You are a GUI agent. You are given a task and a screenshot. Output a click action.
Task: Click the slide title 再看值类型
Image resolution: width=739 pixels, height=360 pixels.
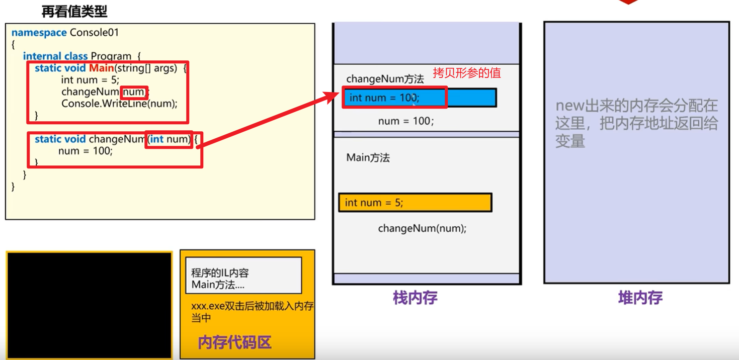tap(74, 12)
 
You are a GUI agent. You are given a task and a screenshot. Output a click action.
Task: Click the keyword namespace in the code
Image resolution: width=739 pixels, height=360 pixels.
tap(39, 33)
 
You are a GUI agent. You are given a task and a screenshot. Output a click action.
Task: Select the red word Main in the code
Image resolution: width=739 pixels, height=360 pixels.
tap(101, 68)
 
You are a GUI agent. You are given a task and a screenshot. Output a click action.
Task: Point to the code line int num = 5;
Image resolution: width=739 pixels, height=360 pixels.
tap(90, 79)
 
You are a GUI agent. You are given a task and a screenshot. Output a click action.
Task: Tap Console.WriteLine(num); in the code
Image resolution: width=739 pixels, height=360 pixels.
tap(119, 104)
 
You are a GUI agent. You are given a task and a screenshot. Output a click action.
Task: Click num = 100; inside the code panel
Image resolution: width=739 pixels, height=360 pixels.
tap(86, 150)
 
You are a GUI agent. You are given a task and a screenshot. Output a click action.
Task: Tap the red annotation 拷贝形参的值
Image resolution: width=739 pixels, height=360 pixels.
tap(467, 73)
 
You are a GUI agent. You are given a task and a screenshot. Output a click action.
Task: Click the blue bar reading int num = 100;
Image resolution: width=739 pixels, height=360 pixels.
tap(421, 98)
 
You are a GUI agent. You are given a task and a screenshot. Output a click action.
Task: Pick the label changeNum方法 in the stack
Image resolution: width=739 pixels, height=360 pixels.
tap(385, 79)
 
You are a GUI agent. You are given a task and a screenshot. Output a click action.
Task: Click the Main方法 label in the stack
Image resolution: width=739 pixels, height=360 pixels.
tap(368, 158)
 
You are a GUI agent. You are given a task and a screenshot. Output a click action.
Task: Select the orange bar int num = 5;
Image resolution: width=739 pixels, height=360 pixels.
tap(415, 203)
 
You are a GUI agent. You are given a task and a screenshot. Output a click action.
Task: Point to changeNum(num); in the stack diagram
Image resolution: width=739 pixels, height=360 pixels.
tap(422, 228)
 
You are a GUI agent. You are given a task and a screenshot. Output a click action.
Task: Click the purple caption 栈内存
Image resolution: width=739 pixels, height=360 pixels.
tap(415, 298)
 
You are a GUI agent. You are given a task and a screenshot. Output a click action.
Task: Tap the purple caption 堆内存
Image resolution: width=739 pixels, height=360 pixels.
tap(640, 298)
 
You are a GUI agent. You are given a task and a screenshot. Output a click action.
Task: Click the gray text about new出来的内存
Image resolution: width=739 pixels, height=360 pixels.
tap(636, 124)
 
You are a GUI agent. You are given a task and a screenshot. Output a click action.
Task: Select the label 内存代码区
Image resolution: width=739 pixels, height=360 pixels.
tap(234, 342)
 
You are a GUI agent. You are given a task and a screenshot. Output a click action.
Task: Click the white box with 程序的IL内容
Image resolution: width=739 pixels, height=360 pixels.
tap(243, 276)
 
